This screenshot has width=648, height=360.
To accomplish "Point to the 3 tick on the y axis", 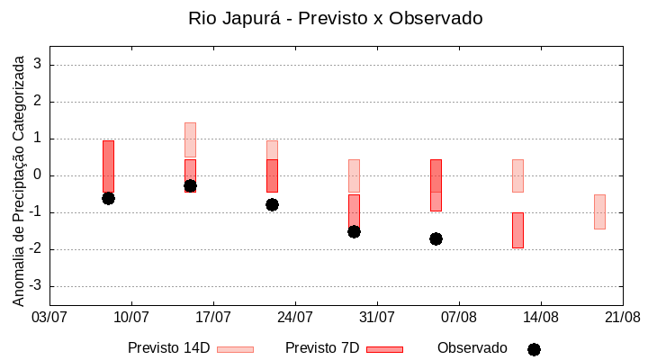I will tap(38, 65).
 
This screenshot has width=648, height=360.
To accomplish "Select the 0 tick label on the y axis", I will tap(38, 175).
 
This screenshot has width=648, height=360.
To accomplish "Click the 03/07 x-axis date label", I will tap(49, 317).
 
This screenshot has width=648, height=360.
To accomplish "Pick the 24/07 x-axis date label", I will tap(295, 317).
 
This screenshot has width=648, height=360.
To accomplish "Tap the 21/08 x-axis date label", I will tap(622, 317).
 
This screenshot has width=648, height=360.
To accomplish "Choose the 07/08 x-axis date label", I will tap(458, 317).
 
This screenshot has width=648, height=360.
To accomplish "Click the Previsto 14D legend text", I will tap(169, 348).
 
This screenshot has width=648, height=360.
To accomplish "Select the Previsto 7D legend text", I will tap(322, 348).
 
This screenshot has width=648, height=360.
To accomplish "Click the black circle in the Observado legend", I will tap(534, 349).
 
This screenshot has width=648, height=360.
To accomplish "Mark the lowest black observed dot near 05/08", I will tap(436, 238).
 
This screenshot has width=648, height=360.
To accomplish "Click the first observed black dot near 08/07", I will tap(108, 198).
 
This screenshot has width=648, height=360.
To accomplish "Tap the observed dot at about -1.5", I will tap(354, 231).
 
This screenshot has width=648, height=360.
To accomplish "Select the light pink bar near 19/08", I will tap(599, 211).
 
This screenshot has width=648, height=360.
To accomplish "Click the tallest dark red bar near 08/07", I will tap(108, 166).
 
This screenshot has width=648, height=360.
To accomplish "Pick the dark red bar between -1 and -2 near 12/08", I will tap(517, 229).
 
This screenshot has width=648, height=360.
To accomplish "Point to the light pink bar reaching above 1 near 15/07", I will tap(190, 139).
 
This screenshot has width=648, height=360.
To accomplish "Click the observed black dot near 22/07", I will tap(272, 204).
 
